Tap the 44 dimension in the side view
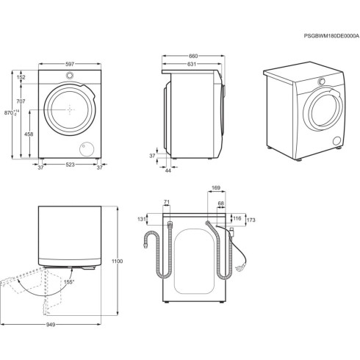168,170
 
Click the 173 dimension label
251,220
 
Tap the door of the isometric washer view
321,110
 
